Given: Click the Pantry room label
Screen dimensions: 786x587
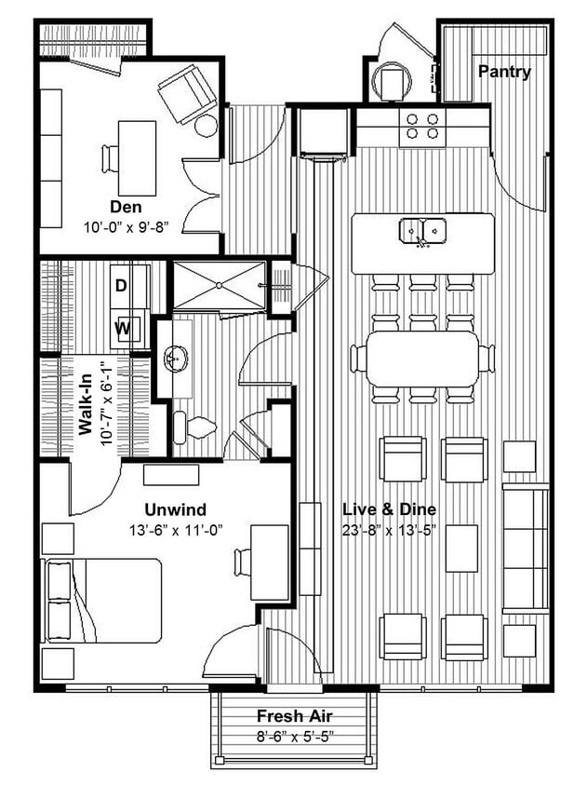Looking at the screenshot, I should (x=504, y=72).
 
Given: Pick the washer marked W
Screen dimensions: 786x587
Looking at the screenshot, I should (x=122, y=328).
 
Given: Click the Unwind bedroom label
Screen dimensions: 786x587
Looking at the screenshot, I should (x=175, y=509).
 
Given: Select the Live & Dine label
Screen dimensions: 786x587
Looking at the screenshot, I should (x=389, y=509).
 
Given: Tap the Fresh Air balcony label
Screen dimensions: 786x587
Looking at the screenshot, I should (x=296, y=716).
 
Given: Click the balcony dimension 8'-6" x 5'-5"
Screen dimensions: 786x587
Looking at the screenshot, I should (x=296, y=735).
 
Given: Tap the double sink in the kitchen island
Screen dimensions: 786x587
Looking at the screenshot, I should (x=423, y=229).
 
